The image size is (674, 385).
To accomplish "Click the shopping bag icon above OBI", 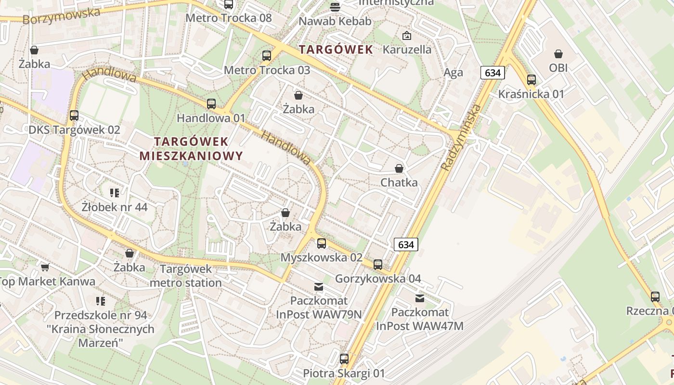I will (558, 54).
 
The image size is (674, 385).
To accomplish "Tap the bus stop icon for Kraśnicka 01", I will (531, 80).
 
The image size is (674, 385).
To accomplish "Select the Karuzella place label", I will (407, 50).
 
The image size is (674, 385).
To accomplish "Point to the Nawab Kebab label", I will (335, 21).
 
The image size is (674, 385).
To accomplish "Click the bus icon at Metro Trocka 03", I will (267, 56).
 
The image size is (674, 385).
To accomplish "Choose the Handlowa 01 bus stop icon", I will (211, 104).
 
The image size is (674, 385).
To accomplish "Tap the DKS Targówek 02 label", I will (74, 130).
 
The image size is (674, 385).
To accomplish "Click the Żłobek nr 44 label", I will (115, 207).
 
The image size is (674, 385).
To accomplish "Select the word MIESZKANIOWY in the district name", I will (191, 156).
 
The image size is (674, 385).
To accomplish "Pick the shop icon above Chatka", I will (399, 168).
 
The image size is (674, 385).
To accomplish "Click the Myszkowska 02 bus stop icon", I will (322, 244).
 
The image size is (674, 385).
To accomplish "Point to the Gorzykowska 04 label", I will (378, 279).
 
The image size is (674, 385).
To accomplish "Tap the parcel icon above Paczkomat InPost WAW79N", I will (319, 287).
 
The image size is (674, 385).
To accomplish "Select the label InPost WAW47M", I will (419, 326).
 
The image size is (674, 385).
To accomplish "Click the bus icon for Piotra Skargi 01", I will (344, 359).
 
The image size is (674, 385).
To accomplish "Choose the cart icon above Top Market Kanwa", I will (45, 267).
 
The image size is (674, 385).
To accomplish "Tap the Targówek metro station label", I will (186, 276).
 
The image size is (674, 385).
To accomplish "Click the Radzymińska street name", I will (461, 138).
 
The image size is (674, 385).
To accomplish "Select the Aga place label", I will (453, 73).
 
